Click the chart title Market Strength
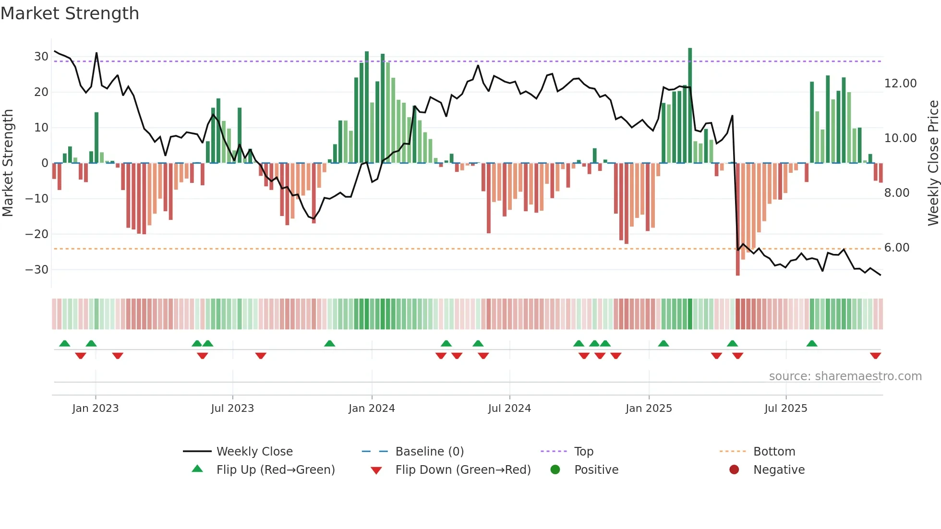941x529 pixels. [70, 13]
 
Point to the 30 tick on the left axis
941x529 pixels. [41, 57]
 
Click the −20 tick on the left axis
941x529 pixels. [37, 234]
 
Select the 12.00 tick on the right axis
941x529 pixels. [900, 84]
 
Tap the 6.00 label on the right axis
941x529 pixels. [896, 248]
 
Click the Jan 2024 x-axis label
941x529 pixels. [372, 409]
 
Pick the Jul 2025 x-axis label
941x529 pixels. [785, 409]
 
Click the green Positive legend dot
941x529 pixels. [555, 470]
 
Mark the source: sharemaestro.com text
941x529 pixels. [845, 376]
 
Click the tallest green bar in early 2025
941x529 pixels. [690, 106]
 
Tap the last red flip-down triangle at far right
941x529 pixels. [875, 356]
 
